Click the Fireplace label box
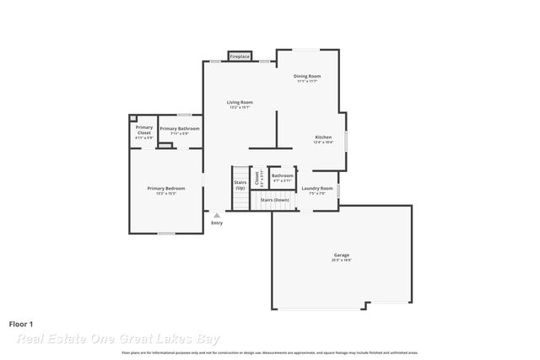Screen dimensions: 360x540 coord(240,56)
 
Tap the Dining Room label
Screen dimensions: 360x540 coord(306,76)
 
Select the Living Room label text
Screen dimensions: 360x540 coord(240,102)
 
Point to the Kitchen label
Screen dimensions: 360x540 coord(323,137)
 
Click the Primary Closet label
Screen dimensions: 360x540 coord(144,129)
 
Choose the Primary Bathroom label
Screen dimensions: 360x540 coord(180,128)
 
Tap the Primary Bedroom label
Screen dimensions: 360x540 coord(165,188)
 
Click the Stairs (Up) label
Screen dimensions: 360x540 coord(240,184)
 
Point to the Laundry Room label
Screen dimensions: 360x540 coord(317,188)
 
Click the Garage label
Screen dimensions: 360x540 coord(341,255)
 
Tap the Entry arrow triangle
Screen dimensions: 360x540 coord(217,215)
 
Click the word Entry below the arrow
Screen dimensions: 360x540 coord(217,223)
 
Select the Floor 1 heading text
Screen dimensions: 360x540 coord(22,323)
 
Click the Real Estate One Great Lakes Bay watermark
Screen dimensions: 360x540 coord(118,339)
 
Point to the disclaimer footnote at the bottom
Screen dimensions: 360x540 coord(269,352)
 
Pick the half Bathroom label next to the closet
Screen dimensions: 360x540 coord(283,175)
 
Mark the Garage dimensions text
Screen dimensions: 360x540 coord(341,261)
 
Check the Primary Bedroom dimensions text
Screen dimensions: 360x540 coord(165,193)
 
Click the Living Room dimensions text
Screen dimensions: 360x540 coord(240,107)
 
